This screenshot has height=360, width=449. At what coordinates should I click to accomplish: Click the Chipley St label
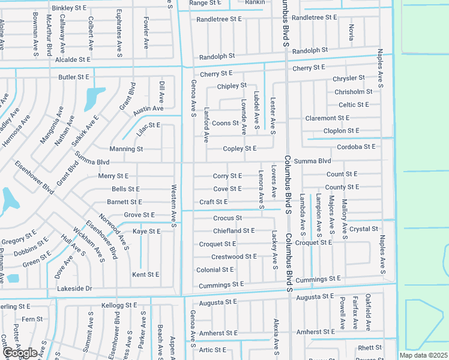click(x=232, y=86)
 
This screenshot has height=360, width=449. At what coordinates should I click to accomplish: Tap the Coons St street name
click(x=226, y=124)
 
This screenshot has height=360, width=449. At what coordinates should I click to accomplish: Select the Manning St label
click(x=126, y=149)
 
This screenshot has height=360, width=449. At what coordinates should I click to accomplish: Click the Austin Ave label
click(x=148, y=109)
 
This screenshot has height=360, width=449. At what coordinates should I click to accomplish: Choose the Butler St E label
click(x=73, y=77)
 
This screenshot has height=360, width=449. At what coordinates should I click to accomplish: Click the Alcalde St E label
click(x=73, y=60)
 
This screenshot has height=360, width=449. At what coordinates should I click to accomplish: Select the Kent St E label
click(x=146, y=275)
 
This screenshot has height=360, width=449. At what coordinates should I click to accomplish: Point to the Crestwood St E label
click(x=234, y=257)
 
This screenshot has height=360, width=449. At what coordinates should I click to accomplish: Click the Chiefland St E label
click(x=234, y=231)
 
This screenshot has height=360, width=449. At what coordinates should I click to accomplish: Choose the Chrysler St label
click(x=349, y=79)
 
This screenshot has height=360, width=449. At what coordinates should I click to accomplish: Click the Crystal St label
click(x=364, y=229)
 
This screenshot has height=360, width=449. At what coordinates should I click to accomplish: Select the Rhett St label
click(x=370, y=348)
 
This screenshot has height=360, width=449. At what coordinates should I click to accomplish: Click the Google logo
click(x=20, y=352)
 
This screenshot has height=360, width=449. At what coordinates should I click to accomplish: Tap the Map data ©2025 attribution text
click(x=423, y=355)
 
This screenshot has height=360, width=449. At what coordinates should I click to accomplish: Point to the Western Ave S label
click(x=173, y=206)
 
